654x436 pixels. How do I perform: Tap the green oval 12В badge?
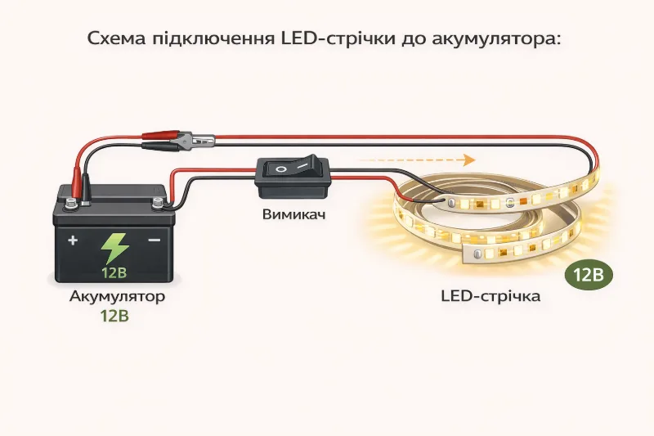[x=588, y=275]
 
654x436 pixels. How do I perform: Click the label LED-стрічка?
[x=490, y=296]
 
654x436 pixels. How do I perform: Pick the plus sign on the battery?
[x=73, y=240]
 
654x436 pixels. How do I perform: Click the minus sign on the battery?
[x=154, y=240]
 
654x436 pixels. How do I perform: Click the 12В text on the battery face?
[x=114, y=272]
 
